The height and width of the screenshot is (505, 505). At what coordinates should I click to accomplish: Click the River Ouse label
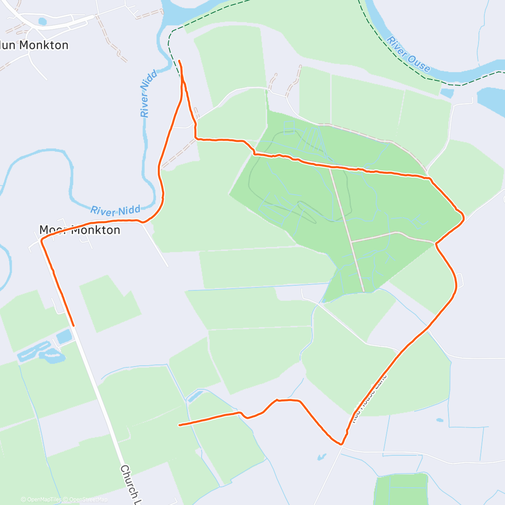tap(408, 55)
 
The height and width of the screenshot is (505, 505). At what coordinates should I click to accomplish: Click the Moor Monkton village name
tap(80, 230)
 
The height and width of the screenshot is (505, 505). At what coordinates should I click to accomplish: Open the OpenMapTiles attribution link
tap(41, 500)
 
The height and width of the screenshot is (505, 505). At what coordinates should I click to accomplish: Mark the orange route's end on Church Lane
tap(73, 325)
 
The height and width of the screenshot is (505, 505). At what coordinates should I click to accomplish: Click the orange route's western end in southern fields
tap(180, 425)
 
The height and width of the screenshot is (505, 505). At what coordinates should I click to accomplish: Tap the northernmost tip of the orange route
tap(179, 61)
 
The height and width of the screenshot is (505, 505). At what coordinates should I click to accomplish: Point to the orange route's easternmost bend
tap(463, 217)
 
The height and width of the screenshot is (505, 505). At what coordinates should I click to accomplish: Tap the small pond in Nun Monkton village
tap(42, 21)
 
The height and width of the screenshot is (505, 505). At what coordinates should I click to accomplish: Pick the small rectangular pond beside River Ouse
tap(447, 93)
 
